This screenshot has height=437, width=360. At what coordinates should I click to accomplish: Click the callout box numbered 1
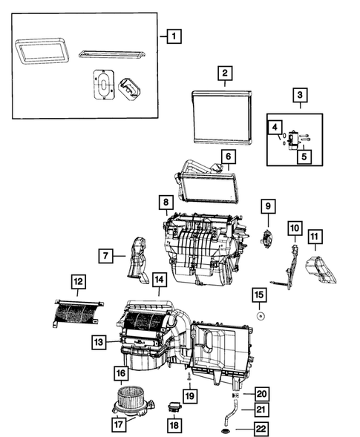pyautogui.click(x=172, y=35)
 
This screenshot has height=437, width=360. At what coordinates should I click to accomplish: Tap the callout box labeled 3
pyautogui.click(x=300, y=95)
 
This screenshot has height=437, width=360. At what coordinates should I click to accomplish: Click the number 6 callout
pyautogui.click(x=228, y=157)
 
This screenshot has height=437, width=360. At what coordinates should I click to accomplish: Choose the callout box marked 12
pyautogui.click(x=78, y=281)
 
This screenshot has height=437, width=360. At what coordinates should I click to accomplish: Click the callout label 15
pyautogui.click(x=259, y=295)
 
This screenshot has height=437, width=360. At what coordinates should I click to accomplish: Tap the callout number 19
pyautogui.click(x=190, y=397)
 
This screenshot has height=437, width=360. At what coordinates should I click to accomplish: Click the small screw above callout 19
pyautogui.click(x=190, y=379)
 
